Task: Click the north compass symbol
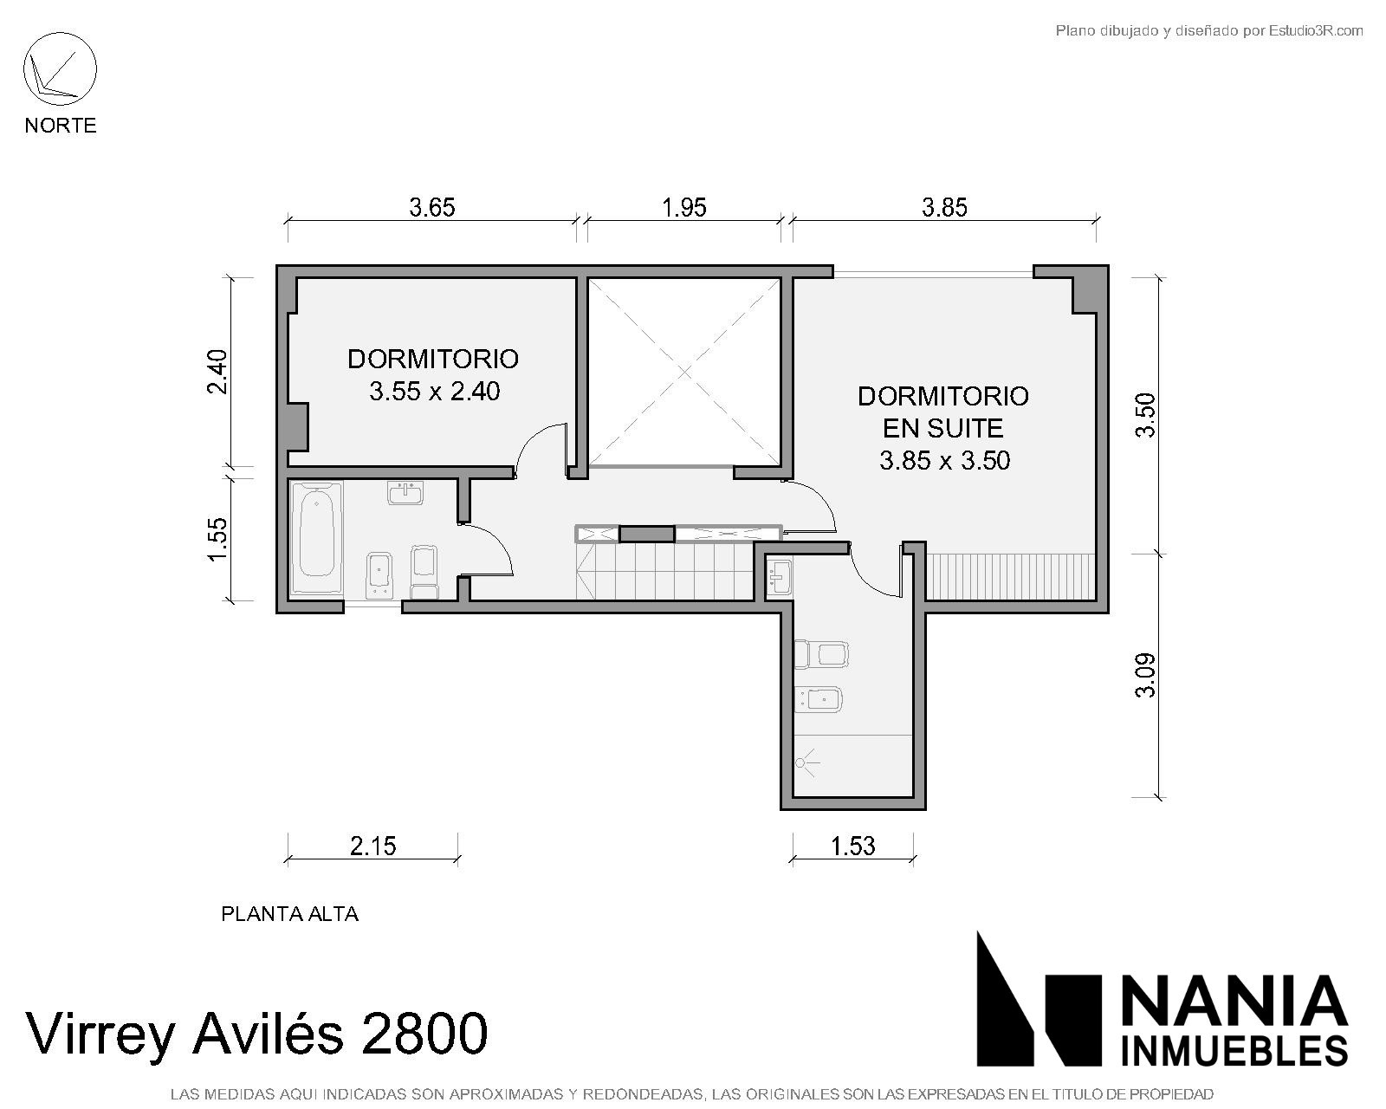coord(60,69)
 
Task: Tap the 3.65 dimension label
coord(432,207)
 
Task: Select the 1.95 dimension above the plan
coord(684,207)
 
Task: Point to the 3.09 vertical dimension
coord(1145,675)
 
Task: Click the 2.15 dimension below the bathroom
coord(372,846)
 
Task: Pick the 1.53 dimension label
coord(852,846)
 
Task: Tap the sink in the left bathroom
coord(405,492)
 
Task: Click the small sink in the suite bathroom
coord(780,577)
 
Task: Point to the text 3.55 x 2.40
coord(435,392)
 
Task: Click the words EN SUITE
coord(942,429)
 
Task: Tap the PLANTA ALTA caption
coord(290,914)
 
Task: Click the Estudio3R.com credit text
coord(1316,30)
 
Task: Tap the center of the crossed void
coord(684,372)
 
